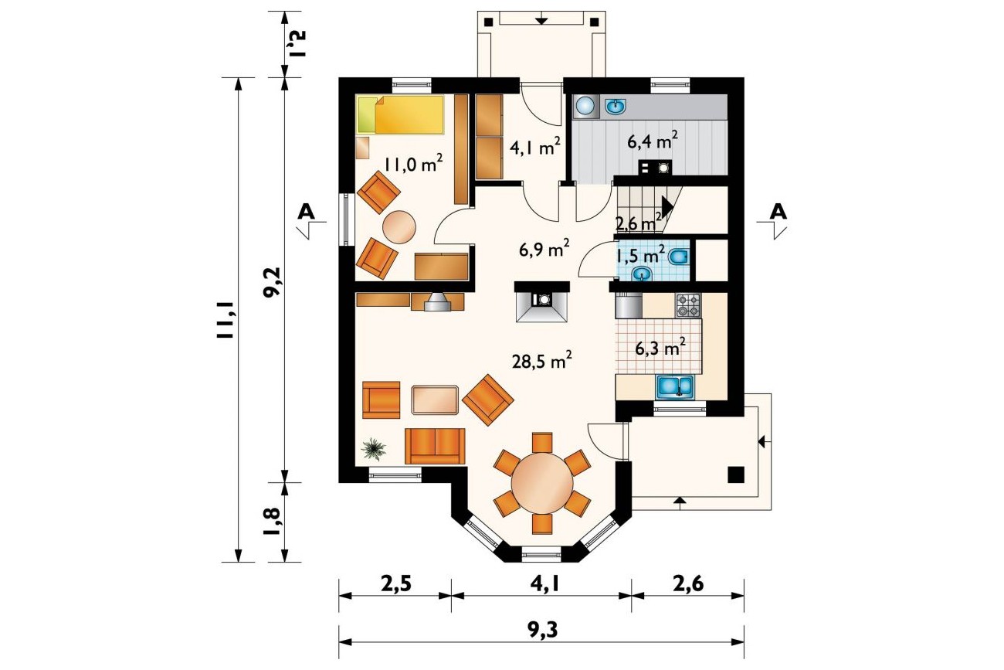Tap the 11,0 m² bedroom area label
tap(413, 164)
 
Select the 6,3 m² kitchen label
tap(660, 348)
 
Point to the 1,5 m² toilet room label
tap(640, 256)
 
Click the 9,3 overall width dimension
tap(542, 630)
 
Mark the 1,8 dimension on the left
tap(273, 521)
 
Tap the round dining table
tap(542, 484)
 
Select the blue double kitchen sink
tap(675, 387)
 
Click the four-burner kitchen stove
tap(688, 305)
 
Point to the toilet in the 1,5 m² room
tap(678, 257)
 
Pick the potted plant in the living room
tap(373, 449)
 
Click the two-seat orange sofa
tap(435, 446)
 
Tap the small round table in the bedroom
tap(399, 227)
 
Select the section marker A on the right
tap(778, 212)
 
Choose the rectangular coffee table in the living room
tap(436, 400)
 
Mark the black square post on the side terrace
tap(736, 474)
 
